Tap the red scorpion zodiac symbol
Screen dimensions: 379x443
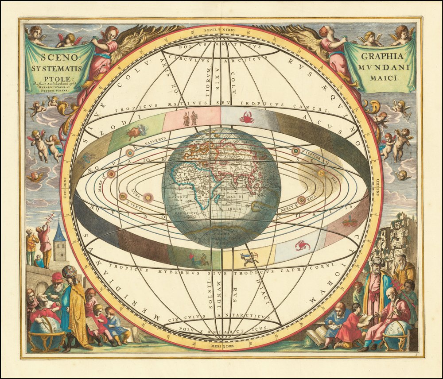point(303,245)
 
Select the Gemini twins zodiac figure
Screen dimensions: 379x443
point(190,119)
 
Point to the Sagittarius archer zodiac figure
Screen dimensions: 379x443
point(249,258)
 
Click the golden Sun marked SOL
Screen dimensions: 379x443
point(321,173)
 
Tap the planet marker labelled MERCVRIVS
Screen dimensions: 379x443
point(301,200)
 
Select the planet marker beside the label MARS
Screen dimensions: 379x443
point(111,174)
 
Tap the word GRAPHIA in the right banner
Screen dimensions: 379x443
point(382,56)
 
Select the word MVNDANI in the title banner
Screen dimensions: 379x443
point(380,68)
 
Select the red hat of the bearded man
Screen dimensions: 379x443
point(57,277)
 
